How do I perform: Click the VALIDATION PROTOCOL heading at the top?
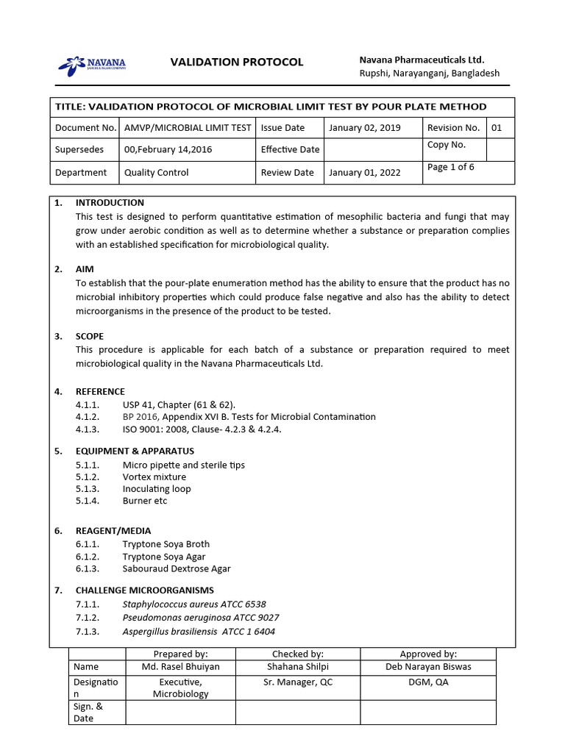tap(236, 62)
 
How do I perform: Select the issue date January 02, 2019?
tap(364, 128)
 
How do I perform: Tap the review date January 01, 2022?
tap(364, 173)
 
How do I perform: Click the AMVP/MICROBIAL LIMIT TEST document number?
tap(188, 128)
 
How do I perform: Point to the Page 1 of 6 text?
tap(450, 167)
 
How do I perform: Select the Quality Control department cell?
tap(156, 173)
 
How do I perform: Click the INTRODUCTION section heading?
tap(110, 203)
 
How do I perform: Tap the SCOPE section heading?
tap(90, 336)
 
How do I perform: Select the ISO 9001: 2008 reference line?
tap(202, 429)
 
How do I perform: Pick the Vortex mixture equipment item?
tap(154, 477)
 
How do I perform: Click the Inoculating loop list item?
tap(156, 489)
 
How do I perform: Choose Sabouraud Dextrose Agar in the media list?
tap(177, 568)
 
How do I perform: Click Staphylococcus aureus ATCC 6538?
tap(194, 604)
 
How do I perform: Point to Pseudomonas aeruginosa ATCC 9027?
tap(201, 618)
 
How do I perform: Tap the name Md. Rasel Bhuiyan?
tap(180, 667)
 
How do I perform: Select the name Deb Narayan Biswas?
tap(428, 667)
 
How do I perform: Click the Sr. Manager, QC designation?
tap(298, 682)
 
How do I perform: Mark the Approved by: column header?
tap(428, 654)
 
